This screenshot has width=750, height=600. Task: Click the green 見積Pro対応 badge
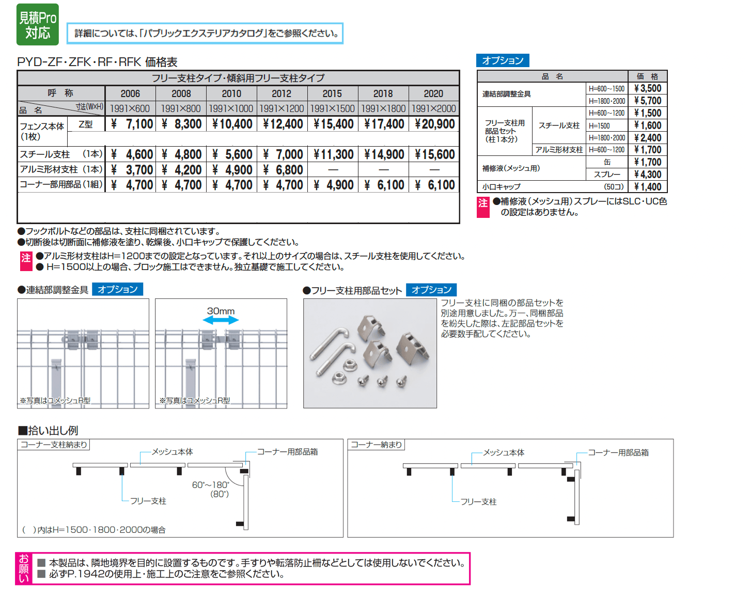tap(38, 25)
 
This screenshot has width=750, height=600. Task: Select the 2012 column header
tap(282, 93)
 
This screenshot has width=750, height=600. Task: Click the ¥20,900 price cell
tap(434, 124)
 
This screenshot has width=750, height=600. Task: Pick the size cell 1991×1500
tap(332, 108)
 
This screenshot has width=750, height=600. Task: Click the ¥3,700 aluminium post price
tap(132, 170)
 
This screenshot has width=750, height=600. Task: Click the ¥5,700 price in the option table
tap(648, 101)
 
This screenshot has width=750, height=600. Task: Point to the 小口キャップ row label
tap(502, 187)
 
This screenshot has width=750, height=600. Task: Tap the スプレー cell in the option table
tap(607, 175)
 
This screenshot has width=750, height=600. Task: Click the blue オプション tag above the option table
tap(503, 60)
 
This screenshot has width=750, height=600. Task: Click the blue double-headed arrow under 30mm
tap(221, 321)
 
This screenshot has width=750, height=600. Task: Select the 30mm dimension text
tap(221, 311)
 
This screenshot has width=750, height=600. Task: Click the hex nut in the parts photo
tap(349, 364)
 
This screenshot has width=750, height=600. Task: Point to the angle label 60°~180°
tap(210, 485)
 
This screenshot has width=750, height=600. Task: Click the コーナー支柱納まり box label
tap(54, 445)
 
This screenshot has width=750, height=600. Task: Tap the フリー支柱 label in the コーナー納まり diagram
tap(478, 501)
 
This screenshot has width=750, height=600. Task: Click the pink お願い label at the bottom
tap(24, 569)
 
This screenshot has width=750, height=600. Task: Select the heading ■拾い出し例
tap(48, 430)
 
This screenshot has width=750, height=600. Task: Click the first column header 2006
tap(130, 93)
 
